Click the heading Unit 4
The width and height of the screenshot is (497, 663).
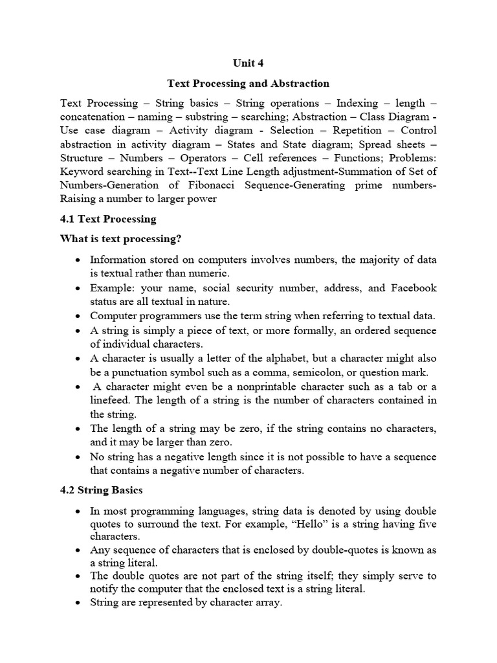[x=248, y=63]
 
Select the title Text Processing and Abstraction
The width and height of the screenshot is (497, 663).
[x=248, y=84]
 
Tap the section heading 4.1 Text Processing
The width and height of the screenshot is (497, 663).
[x=108, y=219]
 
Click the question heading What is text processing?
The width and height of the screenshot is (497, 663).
[x=120, y=239]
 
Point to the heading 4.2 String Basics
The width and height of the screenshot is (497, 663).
[x=101, y=490]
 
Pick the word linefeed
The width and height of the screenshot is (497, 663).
[x=110, y=400]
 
